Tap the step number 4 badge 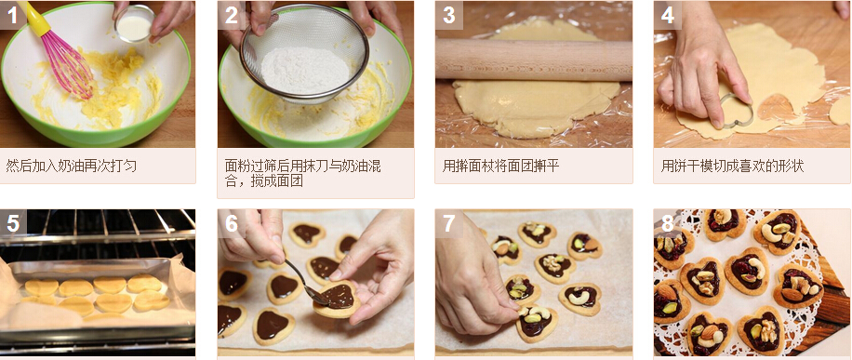point(667,15)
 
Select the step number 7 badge point(449,223)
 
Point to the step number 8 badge point(667,223)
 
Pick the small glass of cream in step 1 point(134,24)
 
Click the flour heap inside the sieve point(305,70)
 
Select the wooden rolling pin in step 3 point(534,60)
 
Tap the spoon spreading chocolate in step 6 point(307,283)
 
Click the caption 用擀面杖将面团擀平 point(500,166)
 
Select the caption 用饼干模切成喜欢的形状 point(732,166)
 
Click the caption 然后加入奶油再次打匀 point(72,166)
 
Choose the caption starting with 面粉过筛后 point(302,173)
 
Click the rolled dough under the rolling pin point(535,106)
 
